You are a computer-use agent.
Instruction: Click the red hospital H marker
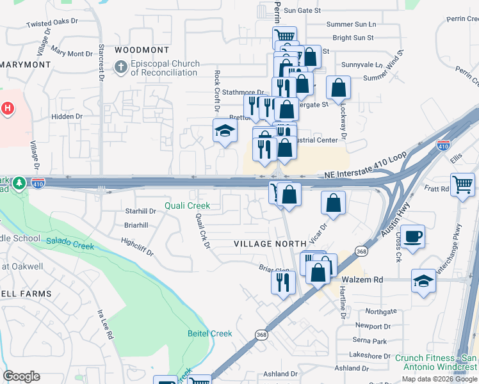tap(8, 109)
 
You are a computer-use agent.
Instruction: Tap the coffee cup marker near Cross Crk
tap(412, 236)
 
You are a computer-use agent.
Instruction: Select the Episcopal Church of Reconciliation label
tap(165, 68)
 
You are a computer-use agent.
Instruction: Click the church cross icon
tap(121, 67)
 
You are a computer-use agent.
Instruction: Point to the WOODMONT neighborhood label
tap(142, 50)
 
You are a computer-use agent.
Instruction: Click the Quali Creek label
tap(187, 205)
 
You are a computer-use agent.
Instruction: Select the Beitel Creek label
tap(209, 333)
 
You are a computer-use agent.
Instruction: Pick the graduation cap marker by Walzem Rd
tap(423, 280)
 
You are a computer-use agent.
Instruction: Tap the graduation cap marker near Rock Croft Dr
tap(224, 131)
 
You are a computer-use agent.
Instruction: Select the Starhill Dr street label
tap(140, 211)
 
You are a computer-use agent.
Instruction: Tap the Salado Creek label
tap(70, 244)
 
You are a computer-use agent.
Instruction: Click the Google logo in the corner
tap(21, 376)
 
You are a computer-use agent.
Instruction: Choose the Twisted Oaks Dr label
tap(52, 23)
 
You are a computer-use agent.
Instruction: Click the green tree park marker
tap(20, 184)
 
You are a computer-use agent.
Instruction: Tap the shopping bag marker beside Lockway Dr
tap(338, 88)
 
